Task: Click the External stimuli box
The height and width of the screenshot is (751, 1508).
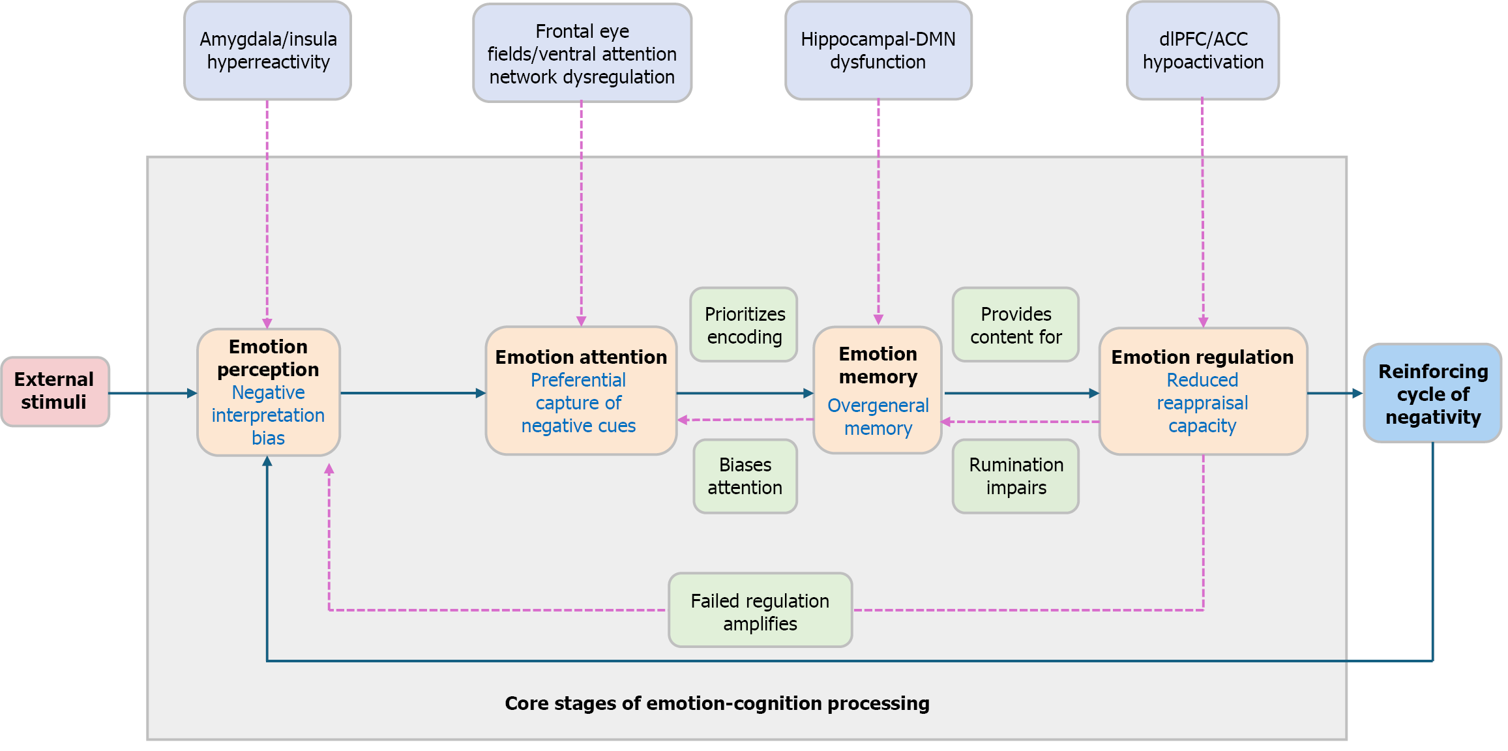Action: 55,391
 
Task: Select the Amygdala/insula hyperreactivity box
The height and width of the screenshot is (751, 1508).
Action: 267,51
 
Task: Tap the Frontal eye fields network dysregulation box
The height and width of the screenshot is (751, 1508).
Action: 582,53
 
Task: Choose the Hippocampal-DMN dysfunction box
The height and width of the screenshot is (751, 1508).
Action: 878,51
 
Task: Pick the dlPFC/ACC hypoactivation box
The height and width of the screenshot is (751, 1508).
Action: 1202,51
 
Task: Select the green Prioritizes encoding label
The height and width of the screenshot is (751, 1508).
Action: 744,325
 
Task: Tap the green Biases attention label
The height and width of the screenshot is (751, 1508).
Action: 745,476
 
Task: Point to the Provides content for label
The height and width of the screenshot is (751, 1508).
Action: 1015,325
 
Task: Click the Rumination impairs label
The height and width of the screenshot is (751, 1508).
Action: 1015,476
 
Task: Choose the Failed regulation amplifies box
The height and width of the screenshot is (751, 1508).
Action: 760,611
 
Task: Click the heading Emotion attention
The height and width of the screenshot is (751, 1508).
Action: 581,357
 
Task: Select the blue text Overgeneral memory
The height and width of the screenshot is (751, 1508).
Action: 878,417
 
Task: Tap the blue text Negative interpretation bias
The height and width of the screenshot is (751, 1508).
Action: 268,415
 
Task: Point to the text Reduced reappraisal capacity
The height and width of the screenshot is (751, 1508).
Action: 1202,403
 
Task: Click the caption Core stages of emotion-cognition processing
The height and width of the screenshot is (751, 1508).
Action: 717,703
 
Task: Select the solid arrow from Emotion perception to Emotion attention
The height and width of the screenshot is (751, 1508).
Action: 412,393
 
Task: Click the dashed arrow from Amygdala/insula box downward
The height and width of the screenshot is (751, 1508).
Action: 267,215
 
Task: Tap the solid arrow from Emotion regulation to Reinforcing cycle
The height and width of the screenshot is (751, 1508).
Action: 1334,393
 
